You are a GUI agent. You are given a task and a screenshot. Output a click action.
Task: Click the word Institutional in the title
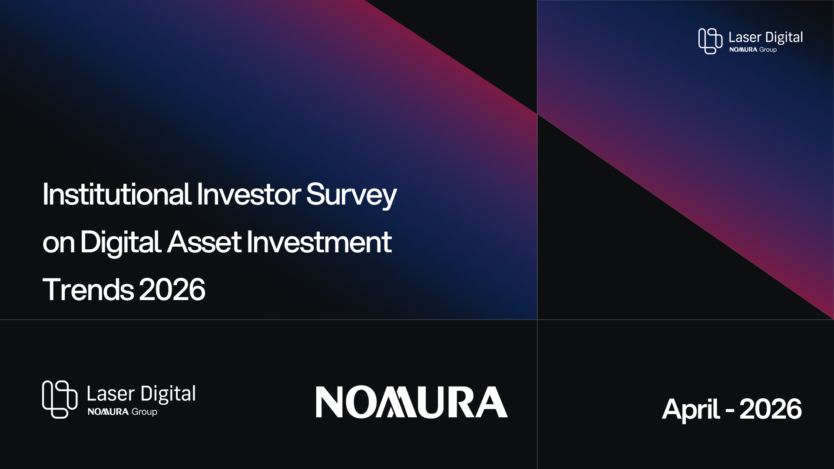pyautogui.click(x=117, y=195)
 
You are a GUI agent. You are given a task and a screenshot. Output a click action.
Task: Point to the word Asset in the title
pyautogui.click(x=204, y=242)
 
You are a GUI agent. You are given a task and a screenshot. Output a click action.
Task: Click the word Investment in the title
pyautogui.click(x=319, y=242)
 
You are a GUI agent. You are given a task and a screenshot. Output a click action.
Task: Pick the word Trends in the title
pyautogui.click(x=88, y=289)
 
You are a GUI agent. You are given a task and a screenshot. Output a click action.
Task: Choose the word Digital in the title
pyautogui.click(x=120, y=244)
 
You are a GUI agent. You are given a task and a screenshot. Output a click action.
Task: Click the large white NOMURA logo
pyautogui.click(x=411, y=402)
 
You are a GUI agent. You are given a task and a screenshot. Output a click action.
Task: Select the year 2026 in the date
pyautogui.click(x=770, y=409)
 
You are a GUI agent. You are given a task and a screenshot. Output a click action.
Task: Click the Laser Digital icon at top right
pyautogui.click(x=710, y=41)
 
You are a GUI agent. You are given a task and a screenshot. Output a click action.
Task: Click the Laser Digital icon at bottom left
pyautogui.click(x=60, y=400)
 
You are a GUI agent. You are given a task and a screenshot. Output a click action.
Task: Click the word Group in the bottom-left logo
pyautogui.click(x=144, y=412)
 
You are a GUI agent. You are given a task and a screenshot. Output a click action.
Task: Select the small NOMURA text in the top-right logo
pyautogui.click(x=743, y=50)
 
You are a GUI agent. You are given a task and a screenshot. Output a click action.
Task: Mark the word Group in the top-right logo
pyautogui.click(x=768, y=50)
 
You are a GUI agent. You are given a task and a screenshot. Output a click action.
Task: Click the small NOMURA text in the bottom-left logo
pyautogui.click(x=108, y=412)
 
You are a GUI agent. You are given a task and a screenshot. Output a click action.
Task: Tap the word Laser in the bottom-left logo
pyautogui.click(x=110, y=394)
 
